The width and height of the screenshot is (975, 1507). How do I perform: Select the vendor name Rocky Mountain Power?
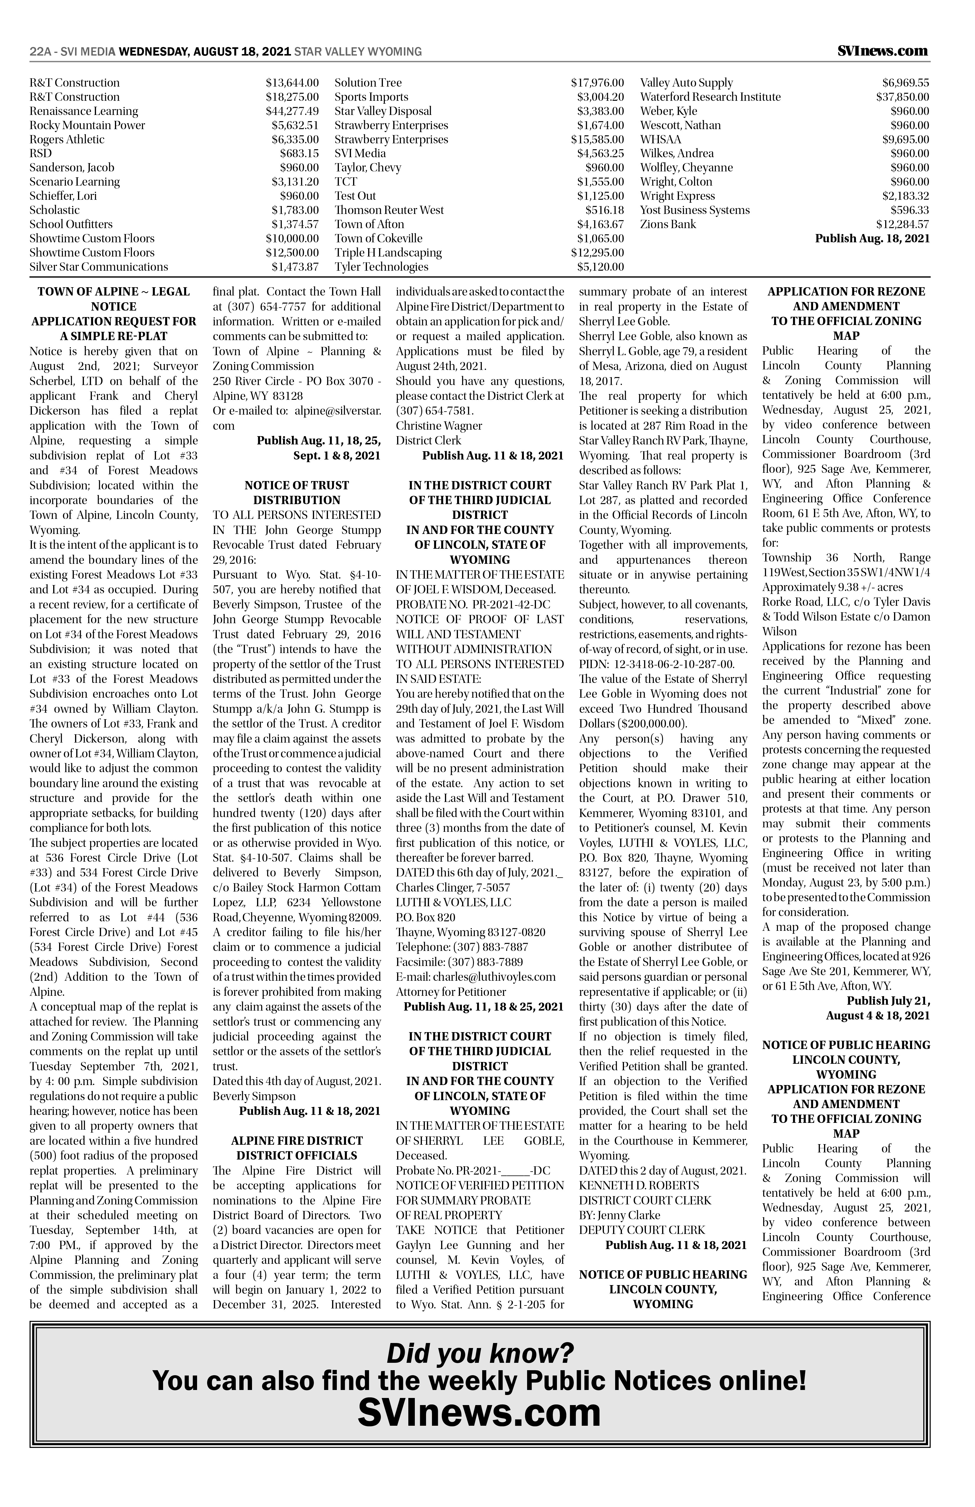click(x=87, y=125)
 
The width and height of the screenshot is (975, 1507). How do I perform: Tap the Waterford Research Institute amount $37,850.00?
click(x=902, y=97)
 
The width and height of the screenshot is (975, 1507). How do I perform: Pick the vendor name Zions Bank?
click(x=668, y=224)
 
